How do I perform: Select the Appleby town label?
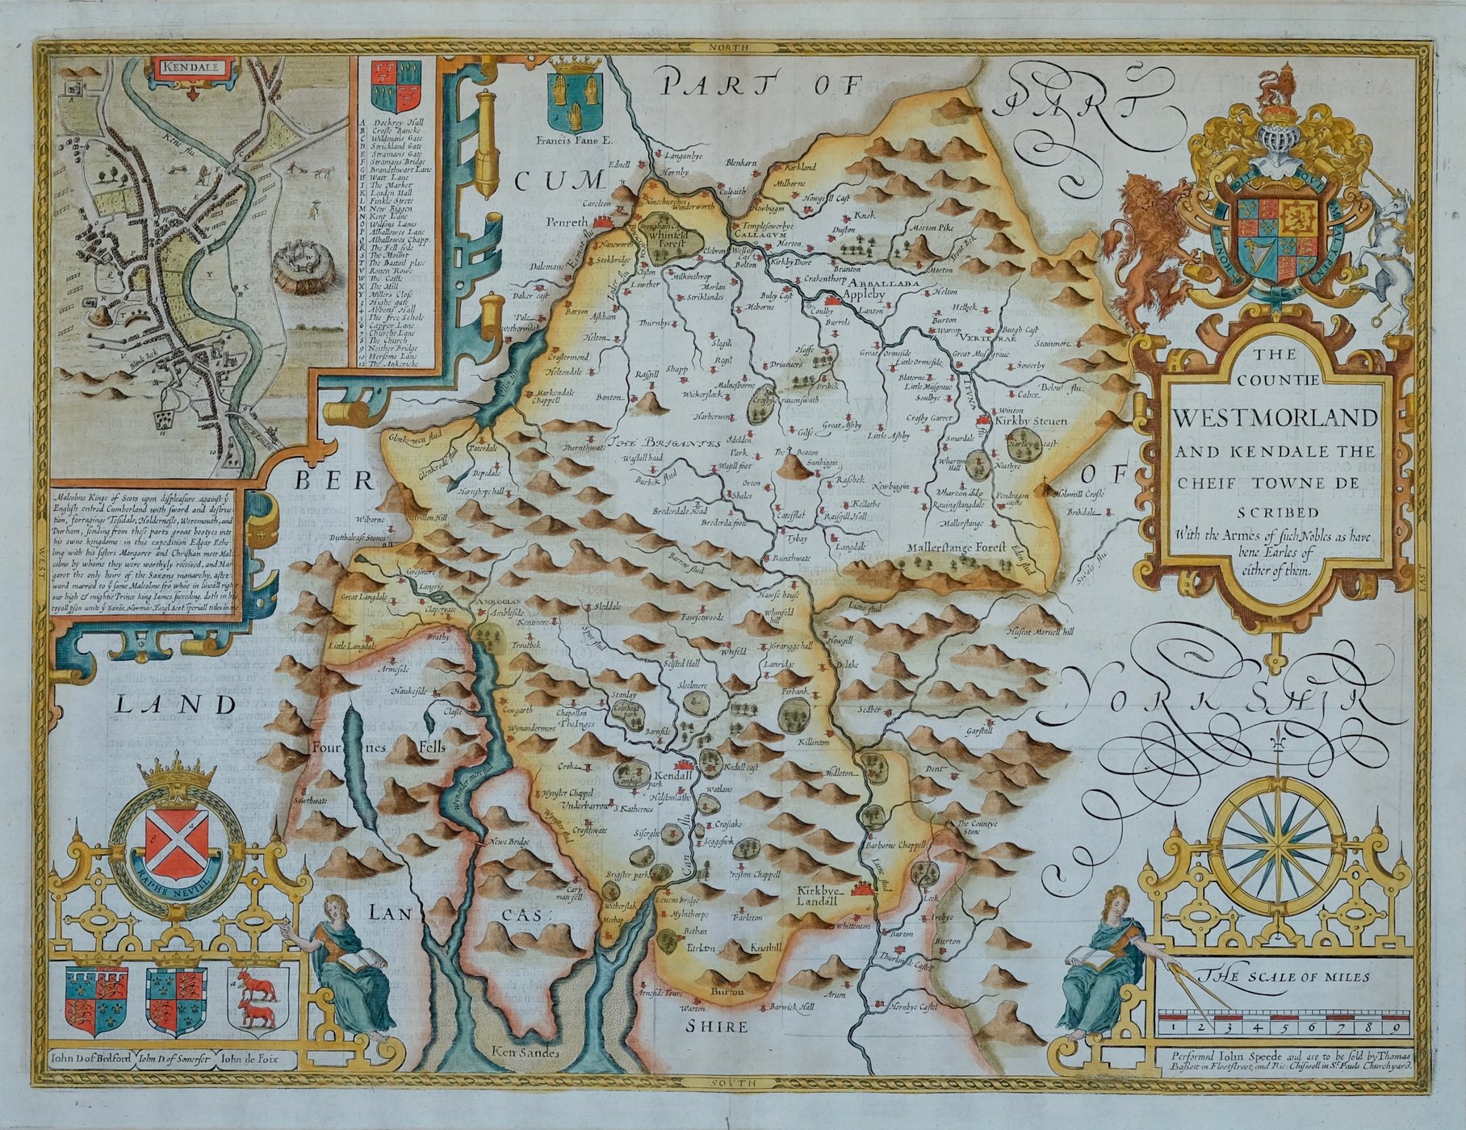(864, 295)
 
